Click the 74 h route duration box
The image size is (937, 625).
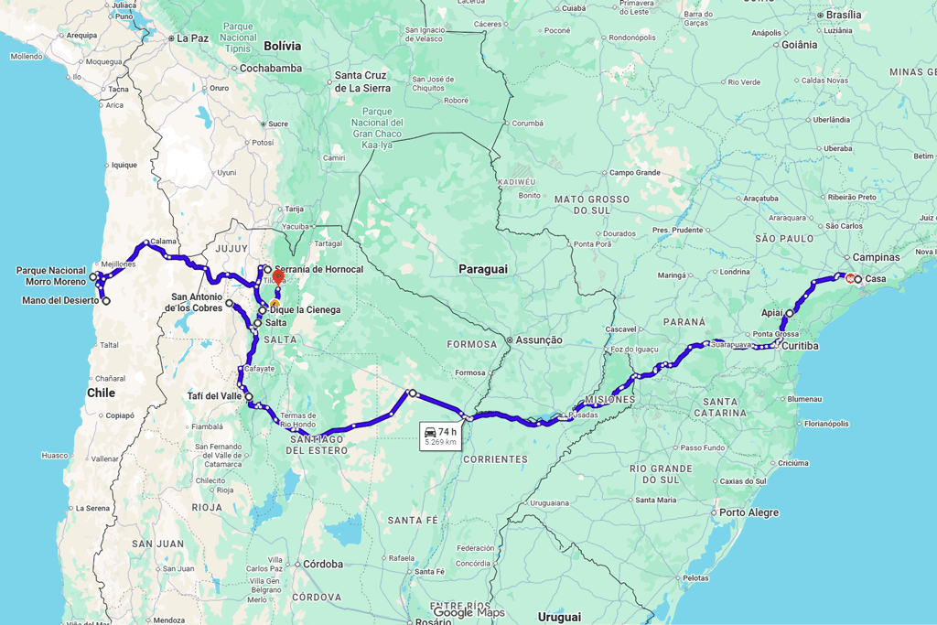click(440, 436)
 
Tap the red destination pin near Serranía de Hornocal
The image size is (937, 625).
click(278, 275)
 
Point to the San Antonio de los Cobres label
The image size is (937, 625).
click(196, 302)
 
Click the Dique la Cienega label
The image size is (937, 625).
click(305, 310)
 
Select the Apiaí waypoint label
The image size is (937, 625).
click(771, 313)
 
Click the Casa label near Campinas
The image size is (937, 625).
click(876, 279)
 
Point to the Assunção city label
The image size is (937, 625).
click(539, 340)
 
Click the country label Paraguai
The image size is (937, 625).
click(482, 269)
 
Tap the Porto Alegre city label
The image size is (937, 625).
click(749, 512)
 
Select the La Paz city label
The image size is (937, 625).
click(193, 38)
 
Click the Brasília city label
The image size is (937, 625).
click(844, 15)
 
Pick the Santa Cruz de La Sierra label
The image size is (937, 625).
click(362, 81)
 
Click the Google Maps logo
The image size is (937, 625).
click(468, 613)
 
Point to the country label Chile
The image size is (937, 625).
click(101, 393)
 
